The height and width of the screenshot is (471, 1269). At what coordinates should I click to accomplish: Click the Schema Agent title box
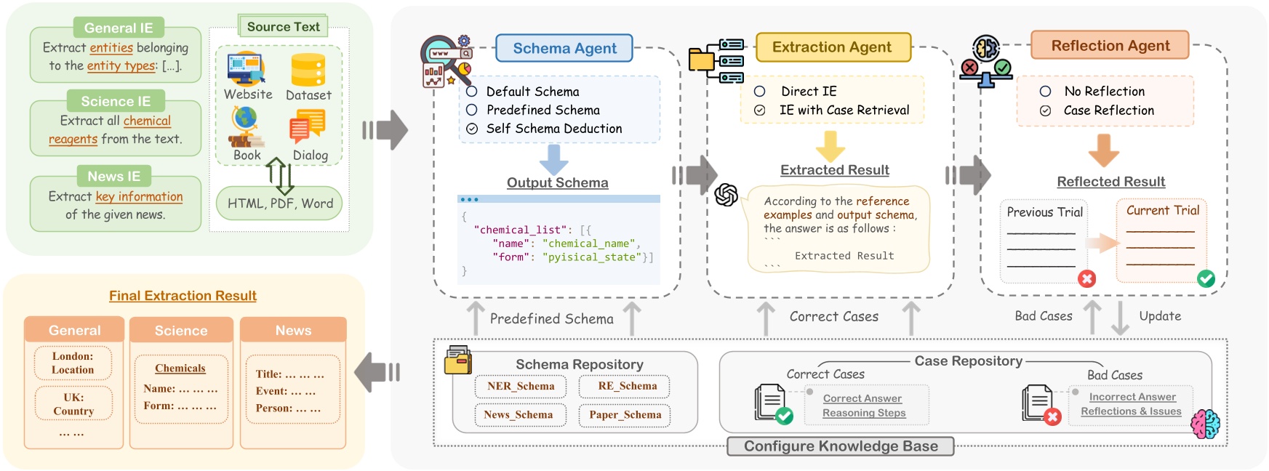(x=564, y=49)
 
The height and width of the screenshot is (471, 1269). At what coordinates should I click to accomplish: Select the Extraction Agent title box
(x=832, y=47)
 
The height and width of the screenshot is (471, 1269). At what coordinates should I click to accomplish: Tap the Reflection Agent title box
(x=1110, y=46)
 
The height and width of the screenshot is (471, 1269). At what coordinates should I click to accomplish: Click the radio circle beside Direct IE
(x=759, y=92)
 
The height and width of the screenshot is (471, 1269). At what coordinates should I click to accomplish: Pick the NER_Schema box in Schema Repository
(x=521, y=387)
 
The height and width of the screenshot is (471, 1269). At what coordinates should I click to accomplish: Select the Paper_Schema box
(x=625, y=415)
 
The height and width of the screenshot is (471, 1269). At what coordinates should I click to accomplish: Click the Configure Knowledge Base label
(x=841, y=446)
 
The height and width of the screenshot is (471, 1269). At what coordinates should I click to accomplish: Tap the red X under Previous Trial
(x=1086, y=279)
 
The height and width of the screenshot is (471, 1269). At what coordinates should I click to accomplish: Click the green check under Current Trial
(x=1206, y=278)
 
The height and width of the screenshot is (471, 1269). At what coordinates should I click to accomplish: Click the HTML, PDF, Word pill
(x=280, y=204)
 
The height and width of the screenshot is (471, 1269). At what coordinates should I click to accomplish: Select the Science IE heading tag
(x=116, y=101)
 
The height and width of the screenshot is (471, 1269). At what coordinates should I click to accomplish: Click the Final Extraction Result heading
(x=183, y=296)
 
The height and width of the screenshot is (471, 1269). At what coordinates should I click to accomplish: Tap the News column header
(x=293, y=331)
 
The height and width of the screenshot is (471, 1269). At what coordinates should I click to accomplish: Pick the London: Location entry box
(x=73, y=363)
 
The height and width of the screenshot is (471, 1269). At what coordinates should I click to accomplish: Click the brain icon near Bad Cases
(x=1205, y=423)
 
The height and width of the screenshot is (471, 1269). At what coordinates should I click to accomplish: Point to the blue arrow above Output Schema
(x=554, y=158)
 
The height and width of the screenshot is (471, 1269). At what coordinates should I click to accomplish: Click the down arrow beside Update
(x=1121, y=318)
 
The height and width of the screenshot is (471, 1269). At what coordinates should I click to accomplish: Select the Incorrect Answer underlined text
(x=1132, y=397)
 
